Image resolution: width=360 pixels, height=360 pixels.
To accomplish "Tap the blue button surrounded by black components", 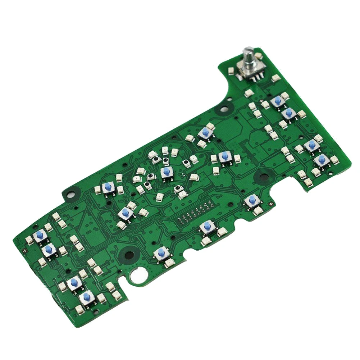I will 166,172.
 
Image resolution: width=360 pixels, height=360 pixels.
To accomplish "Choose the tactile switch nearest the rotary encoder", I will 278,101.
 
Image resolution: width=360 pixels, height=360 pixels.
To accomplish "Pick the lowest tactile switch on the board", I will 86,297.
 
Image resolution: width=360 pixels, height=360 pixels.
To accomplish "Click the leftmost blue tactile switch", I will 40,236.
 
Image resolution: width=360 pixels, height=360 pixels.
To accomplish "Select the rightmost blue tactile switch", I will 321,160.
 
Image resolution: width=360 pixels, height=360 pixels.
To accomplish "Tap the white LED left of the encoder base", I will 231,71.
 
